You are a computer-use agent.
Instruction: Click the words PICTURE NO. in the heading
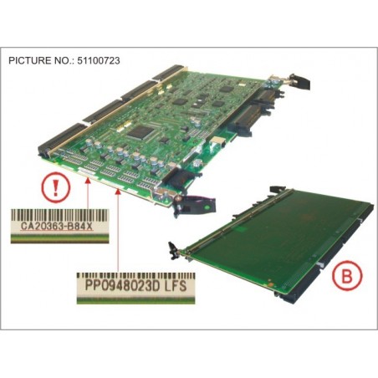(40, 60)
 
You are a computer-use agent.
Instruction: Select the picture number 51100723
(97, 60)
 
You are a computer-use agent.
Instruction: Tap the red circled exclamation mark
(55, 188)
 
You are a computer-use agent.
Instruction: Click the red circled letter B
(347, 276)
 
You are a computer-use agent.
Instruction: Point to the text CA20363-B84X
(57, 226)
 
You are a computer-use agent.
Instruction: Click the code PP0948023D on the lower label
(122, 286)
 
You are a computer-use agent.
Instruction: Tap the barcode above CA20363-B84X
(59, 214)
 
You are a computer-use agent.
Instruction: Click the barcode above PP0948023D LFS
(136, 276)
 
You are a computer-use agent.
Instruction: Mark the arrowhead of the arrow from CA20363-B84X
(88, 181)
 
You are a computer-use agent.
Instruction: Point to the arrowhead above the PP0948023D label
(118, 192)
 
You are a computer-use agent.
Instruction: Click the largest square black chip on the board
(140, 131)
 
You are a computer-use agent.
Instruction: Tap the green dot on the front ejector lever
(207, 207)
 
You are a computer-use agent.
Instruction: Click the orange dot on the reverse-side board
(270, 284)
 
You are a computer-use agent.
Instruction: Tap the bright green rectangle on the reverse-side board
(241, 229)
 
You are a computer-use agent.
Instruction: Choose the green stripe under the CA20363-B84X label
(59, 239)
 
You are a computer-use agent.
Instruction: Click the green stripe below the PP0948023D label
(136, 300)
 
